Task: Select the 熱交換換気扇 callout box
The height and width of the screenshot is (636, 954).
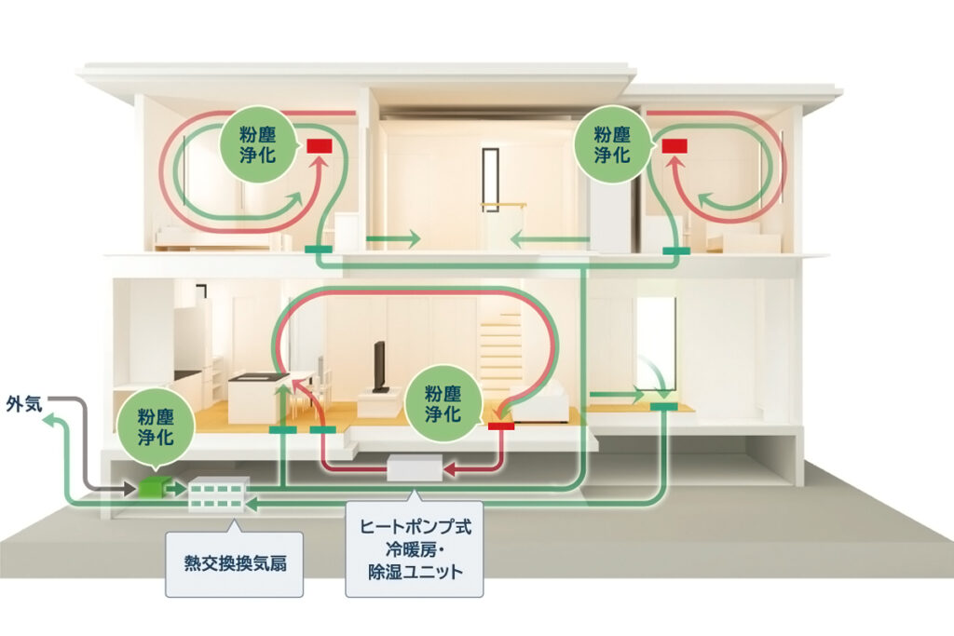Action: (234, 563)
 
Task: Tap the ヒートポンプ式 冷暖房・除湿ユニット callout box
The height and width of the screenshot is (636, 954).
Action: (416, 548)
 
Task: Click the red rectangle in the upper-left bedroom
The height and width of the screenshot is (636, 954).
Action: (320, 146)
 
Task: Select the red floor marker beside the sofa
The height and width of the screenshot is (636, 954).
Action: (501, 426)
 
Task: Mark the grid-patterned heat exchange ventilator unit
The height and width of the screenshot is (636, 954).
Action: (217, 494)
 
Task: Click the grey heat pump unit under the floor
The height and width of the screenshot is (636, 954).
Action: (415, 468)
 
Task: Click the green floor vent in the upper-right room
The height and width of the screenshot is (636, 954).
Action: (675, 251)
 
